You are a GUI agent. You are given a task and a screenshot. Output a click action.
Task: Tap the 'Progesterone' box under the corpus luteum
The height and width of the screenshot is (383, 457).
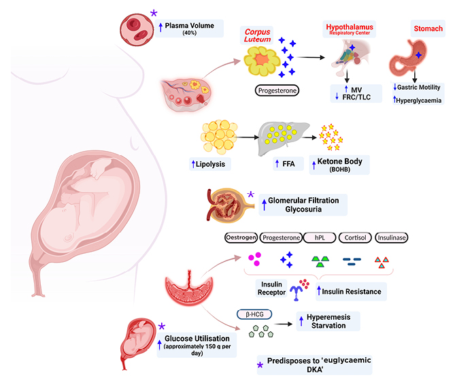pos(277,89)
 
